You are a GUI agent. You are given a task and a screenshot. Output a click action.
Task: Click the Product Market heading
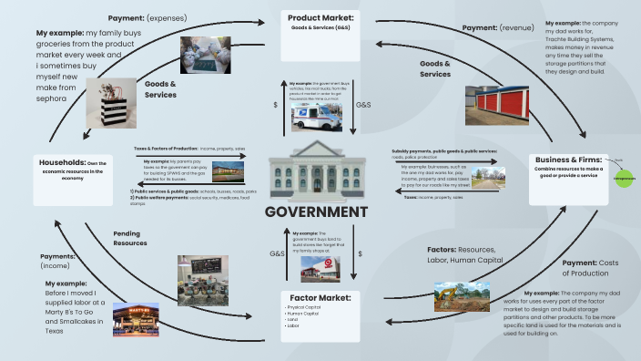point(320,18)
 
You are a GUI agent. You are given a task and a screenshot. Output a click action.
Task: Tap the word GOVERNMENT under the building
point(316,211)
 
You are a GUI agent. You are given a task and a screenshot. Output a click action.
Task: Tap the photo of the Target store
point(316,264)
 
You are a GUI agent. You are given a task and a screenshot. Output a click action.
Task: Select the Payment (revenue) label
point(504,28)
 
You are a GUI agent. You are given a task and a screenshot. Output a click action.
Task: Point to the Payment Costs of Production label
point(591,267)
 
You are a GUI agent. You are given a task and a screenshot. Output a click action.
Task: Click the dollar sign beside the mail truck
point(276,105)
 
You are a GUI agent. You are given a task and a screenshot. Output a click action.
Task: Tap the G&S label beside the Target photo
point(277,253)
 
